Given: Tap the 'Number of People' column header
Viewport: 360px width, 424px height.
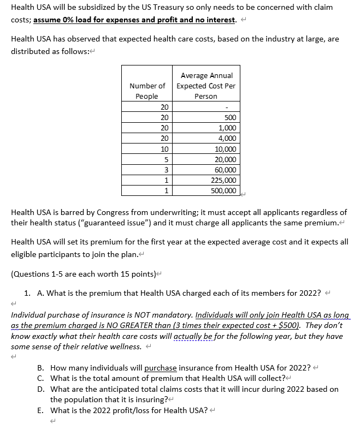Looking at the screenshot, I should pyautogui.click(x=146, y=91).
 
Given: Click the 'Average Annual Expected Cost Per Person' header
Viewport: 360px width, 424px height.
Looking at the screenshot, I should pyautogui.click(x=206, y=86).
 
